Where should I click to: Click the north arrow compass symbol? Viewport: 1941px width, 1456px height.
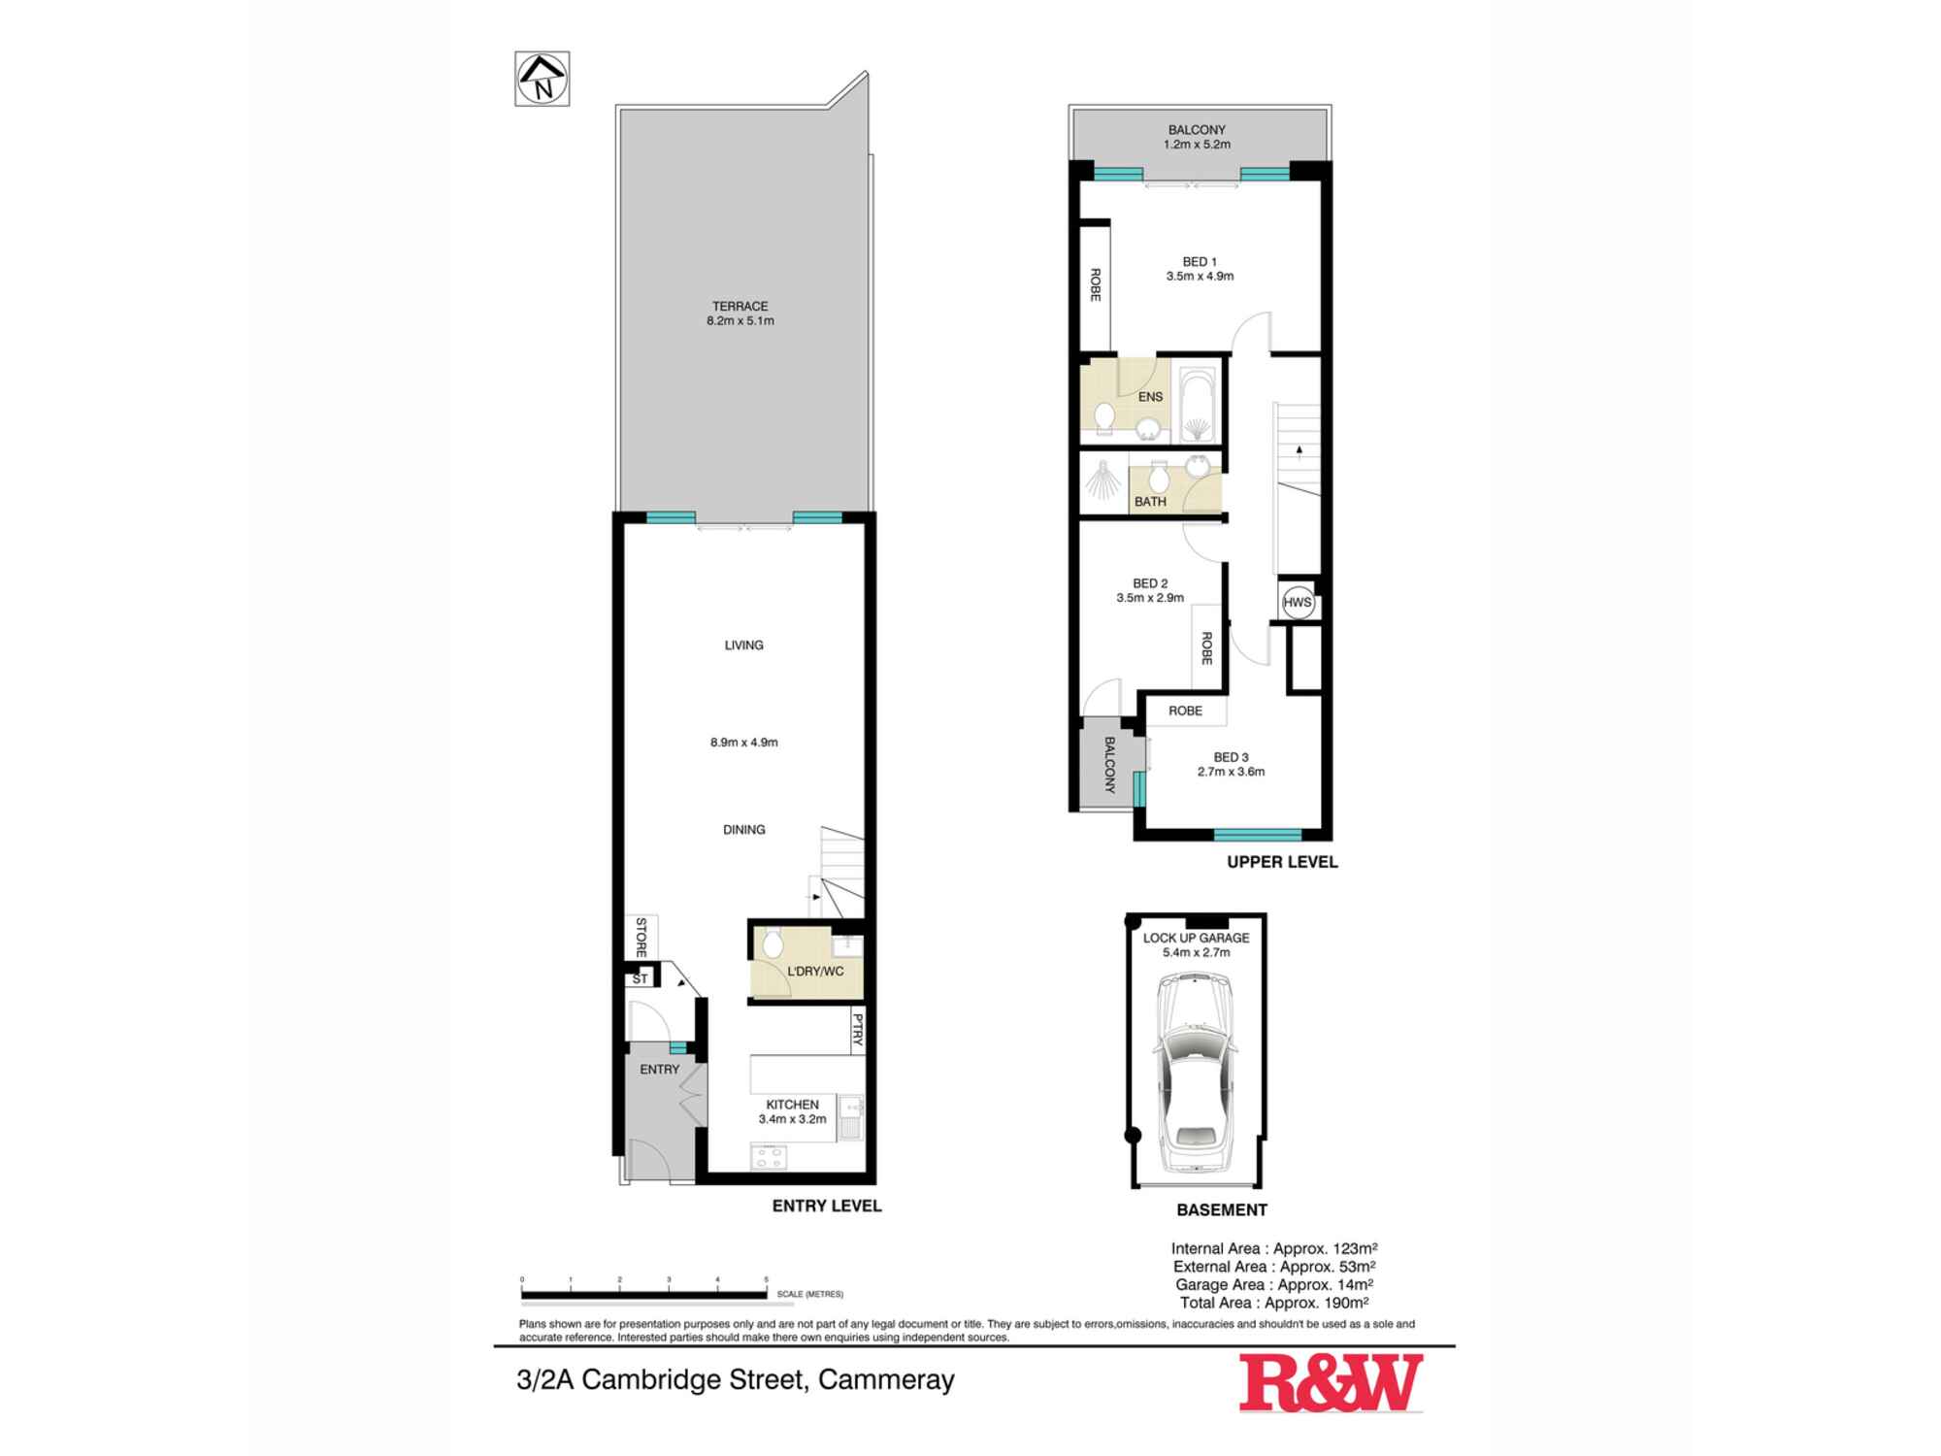(x=542, y=79)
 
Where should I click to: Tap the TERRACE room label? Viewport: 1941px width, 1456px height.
(x=740, y=306)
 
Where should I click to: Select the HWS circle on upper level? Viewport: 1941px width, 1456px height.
(x=1297, y=602)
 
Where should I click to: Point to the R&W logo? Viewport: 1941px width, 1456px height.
(x=1331, y=1383)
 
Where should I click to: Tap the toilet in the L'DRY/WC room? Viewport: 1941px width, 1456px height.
(x=773, y=942)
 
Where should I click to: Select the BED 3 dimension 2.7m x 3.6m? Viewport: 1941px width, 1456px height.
(x=1231, y=772)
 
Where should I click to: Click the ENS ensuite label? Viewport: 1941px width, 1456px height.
(x=1150, y=396)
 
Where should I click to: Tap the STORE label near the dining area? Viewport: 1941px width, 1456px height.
(x=641, y=938)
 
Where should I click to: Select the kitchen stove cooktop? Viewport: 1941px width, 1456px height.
(x=770, y=1156)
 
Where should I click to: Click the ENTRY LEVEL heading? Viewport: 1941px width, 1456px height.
(x=827, y=1206)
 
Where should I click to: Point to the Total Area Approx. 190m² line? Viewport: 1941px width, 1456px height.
(x=1274, y=1303)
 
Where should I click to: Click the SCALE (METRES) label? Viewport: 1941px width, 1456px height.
(x=809, y=1294)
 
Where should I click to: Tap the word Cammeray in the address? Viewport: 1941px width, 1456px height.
(x=886, y=1379)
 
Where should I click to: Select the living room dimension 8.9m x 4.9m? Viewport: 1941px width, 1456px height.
(x=743, y=743)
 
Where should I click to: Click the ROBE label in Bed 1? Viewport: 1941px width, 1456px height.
(x=1095, y=284)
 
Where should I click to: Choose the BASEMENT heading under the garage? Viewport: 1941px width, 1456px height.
(x=1222, y=1209)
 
